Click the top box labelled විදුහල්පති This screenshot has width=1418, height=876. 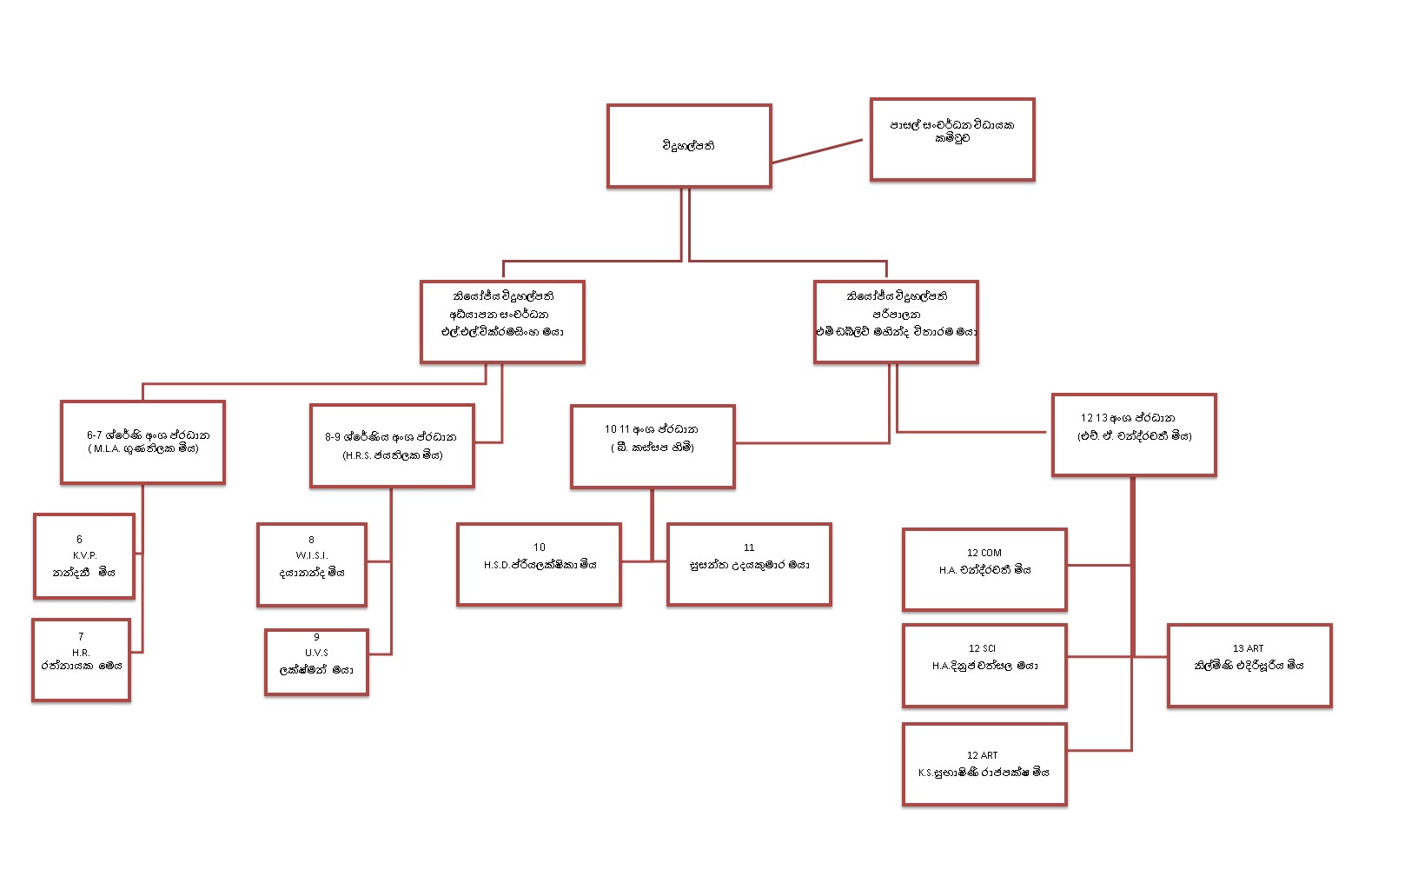[x=689, y=146]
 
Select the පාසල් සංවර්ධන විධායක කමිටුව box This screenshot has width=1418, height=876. [x=952, y=139]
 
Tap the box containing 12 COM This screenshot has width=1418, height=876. [x=984, y=569]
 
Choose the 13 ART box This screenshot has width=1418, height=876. [x=1249, y=665]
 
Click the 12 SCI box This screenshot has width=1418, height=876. [x=984, y=665]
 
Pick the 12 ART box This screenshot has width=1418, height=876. [x=984, y=764]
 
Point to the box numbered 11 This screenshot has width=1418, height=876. [x=749, y=564]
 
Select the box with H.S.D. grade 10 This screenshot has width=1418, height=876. [x=539, y=564]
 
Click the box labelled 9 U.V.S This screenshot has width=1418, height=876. [x=316, y=661]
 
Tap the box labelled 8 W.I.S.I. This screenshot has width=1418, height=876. [x=311, y=564]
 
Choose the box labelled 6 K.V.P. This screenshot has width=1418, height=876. [x=83, y=556]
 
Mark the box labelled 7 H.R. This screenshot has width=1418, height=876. [x=81, y=660]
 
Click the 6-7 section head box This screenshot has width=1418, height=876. [x=142, y=441]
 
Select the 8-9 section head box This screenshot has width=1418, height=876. [x=392, y=445]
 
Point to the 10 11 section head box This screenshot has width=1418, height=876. [x=653, y=446]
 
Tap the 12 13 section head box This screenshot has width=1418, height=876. [x=1134, y=435]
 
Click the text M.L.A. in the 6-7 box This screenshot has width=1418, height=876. [x=107, y=449]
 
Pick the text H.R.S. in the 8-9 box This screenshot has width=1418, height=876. [x=357, y=455]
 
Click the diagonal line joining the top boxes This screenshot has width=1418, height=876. [x=817, y=151]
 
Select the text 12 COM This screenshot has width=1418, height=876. [x=984, y=553]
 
